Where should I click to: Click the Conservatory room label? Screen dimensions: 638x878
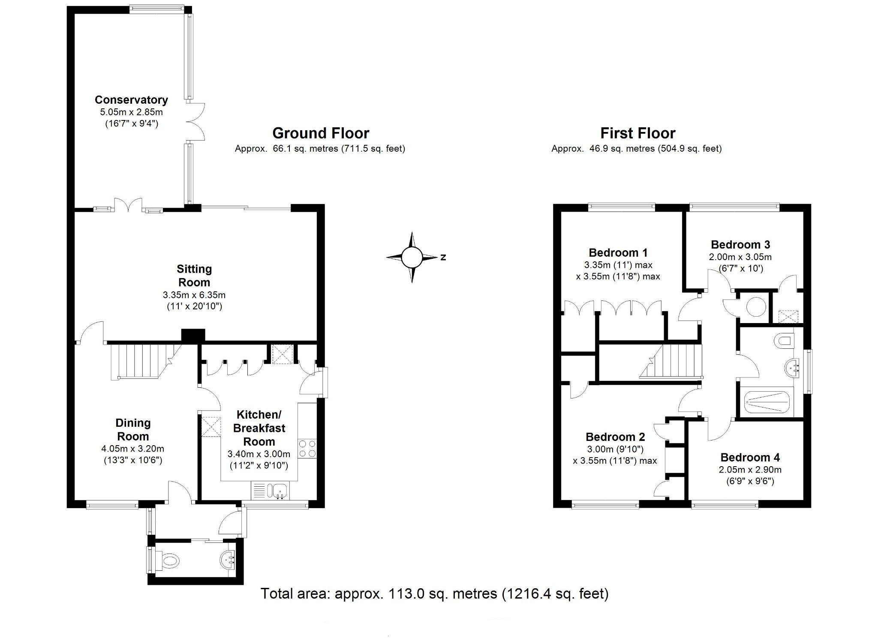pos(131,100)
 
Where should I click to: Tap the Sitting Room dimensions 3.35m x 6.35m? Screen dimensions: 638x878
pos(194,295)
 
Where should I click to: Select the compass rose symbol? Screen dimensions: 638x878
pos(412,257)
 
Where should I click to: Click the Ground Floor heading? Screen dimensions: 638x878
pos(321,133)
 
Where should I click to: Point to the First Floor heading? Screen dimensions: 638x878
pos(637,133)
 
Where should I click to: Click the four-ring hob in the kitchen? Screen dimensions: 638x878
pos(307,449)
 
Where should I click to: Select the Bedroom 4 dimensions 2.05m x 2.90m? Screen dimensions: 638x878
pos(750,470)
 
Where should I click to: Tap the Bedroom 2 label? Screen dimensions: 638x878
pos(615,437)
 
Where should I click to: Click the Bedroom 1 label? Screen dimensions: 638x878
pos(618,252)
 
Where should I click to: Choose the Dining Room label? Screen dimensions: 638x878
pos(133,430)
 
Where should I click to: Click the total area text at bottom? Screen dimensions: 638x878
pos(434,593)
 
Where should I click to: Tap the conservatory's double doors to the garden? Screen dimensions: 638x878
pos(195,121)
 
